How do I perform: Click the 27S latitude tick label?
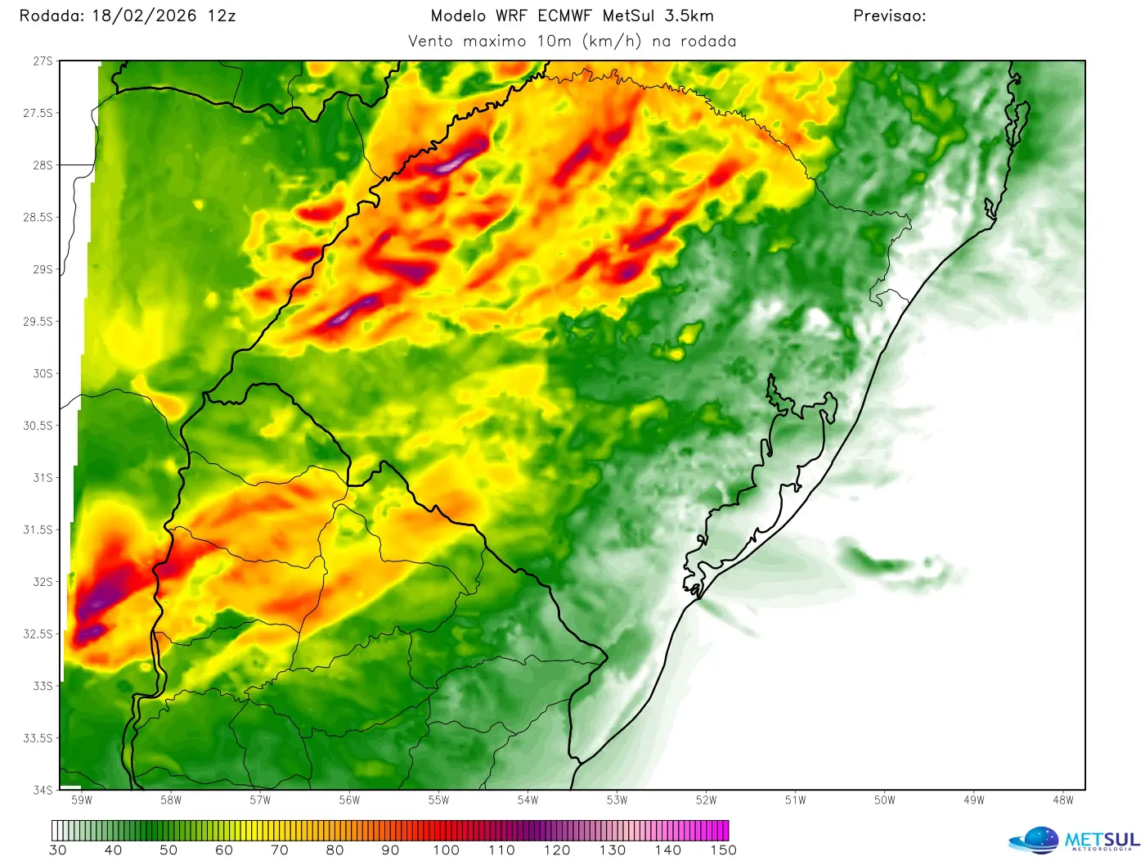(x=43, y=61)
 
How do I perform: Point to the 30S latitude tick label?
(x=43, y=373)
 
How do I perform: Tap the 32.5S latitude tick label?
(x=38, y=633)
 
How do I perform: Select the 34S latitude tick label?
(x=43, y=790)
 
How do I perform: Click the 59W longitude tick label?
(x=82, y=800)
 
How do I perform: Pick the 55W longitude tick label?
(x=438, y=800)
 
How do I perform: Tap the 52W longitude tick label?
(x=706, y=800)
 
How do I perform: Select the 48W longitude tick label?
(x=1062, y=800)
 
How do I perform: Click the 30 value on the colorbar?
(x=58, y=850)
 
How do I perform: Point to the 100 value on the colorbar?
(x=446, y=850)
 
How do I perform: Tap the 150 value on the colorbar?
(x=723, y=850)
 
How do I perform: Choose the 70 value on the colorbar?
(x=280, y=850)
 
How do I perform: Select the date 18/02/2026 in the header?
(x=144, y=16)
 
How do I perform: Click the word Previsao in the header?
(x=889, y=16)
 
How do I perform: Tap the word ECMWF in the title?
(x=564, y=16)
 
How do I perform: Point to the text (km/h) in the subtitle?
(x=612, y=41)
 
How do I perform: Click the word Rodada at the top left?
(x=51, y=16)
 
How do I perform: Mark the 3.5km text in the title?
(x=689, y=16)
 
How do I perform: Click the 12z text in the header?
(x=222, y=16)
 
